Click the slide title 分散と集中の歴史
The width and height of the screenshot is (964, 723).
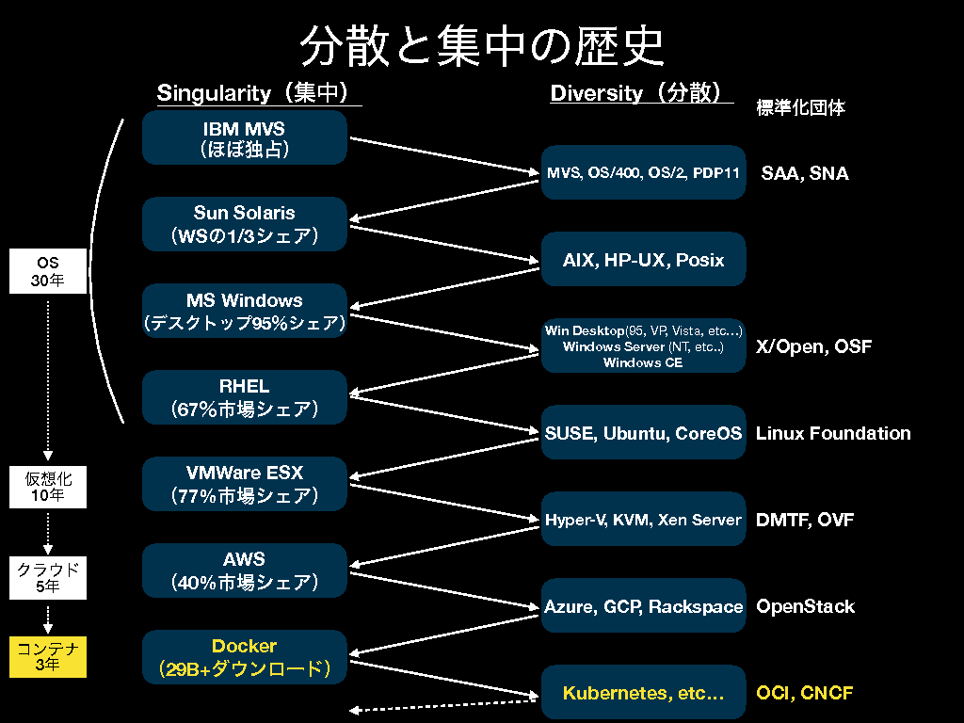coord(481,45)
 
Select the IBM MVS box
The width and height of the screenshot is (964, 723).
coord(245,137)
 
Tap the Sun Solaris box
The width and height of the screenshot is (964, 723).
coord(245,224)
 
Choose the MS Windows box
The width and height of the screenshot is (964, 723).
coord(245,312)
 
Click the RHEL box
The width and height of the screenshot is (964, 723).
coord(245,397)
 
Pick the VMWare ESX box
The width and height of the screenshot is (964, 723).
coord(245,484)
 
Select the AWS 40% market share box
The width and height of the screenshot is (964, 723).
coord(245,570)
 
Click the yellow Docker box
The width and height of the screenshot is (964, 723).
coord(245,657)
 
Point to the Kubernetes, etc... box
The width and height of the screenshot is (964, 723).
coord(643,694)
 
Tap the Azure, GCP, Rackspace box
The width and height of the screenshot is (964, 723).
coord(643,607)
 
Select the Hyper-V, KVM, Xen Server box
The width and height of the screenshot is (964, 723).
coord(643,520)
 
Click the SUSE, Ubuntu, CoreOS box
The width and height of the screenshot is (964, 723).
coord(643,433)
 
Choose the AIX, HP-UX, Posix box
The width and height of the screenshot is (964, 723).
coord(643,260)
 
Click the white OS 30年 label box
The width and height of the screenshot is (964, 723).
coord(48,271)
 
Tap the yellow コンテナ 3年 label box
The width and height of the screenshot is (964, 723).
coord(48,657)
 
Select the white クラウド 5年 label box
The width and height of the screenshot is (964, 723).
coord(48,578)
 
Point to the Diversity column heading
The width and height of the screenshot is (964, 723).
coord(641,93)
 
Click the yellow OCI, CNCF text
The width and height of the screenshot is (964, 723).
coord(805,694)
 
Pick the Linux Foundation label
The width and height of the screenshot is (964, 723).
coord(833,433)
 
